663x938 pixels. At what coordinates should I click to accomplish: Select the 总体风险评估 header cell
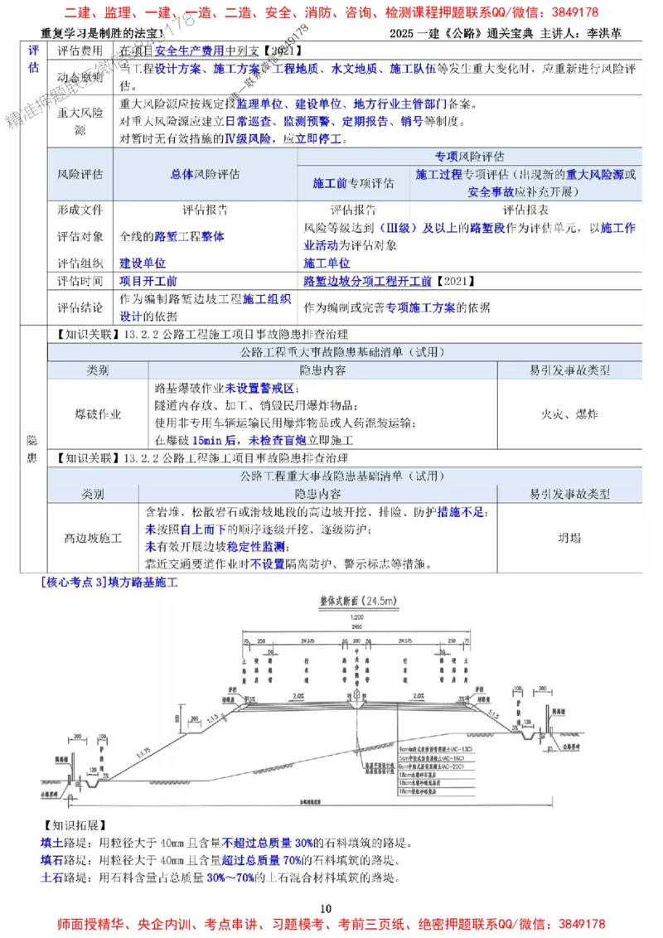(205, 174)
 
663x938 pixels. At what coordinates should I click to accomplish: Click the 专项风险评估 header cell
(470, 156)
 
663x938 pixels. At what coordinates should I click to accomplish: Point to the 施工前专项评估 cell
(353, 181)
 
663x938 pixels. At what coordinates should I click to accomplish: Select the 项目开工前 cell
(148, 282)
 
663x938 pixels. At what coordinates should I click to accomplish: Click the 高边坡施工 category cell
(93, 538)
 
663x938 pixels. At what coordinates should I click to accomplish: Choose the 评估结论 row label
(80, 307)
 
